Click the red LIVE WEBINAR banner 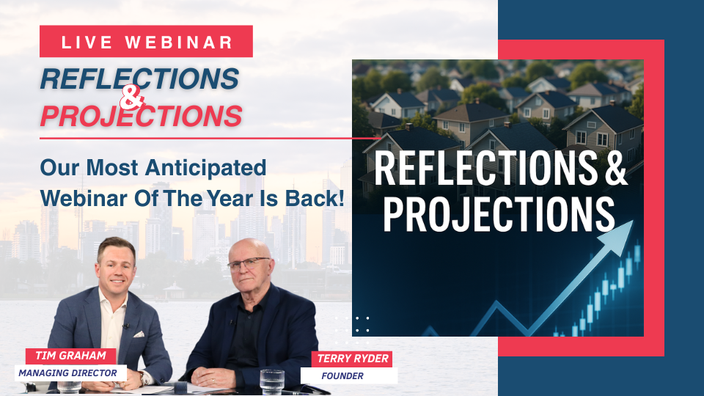pyautogui.click(x=146, y=41)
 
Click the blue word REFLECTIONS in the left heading pyautogui.click(x=139, y=79)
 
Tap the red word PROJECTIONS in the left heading pyautogui.click(x=142, y=117)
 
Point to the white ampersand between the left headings pyautogui.click(x=132, y=98)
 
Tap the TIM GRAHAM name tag pyautogui.click(x=70, y=356)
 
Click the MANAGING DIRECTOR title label pyautogui.click(x=67, y=373)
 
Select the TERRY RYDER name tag pyautogui.click(x=353, y=359)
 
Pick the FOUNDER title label pyautogui.click(x=342, y=375)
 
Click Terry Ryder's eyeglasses pyautogui.click(x=249, y=264)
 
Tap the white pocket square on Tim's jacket pyautogui.click(x=139, y=334)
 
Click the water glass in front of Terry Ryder pyautogui.click(x=272, y=382)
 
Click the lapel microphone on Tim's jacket pyautogui.click(x=126, y=326)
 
